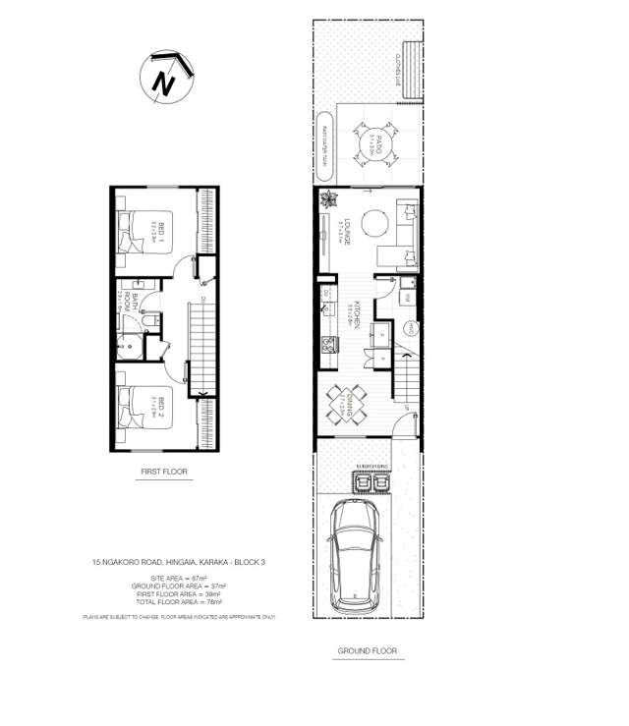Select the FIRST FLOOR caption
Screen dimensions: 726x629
(163, 473)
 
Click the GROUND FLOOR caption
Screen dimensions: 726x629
(367, 651)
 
